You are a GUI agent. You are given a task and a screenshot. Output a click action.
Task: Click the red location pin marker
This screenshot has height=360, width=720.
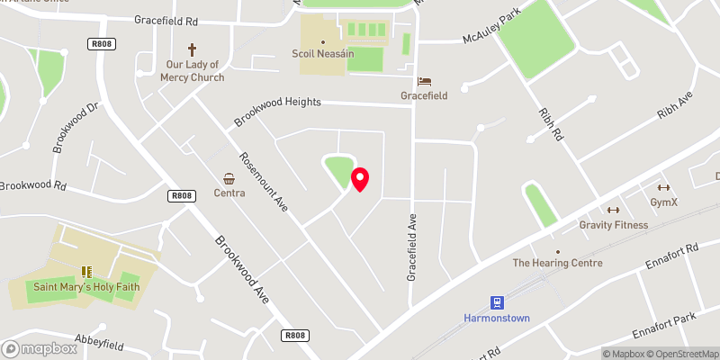tap(360, 178)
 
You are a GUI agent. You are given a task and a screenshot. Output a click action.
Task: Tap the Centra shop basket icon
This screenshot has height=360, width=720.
tap(229, 178)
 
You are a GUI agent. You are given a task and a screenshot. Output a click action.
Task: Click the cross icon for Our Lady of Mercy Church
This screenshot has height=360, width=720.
tap(191, 49)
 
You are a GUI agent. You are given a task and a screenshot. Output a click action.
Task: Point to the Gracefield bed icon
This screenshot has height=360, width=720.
tap(424, 80)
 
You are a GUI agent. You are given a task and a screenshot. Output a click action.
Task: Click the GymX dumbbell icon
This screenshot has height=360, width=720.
tap(664, 187)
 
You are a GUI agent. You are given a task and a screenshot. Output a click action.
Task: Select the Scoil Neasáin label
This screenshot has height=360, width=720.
tap(323, 54)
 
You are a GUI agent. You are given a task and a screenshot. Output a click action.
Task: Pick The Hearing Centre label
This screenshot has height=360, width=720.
tap(557, 264)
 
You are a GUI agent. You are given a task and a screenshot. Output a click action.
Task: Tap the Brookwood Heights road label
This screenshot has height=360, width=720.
tap(277, 112)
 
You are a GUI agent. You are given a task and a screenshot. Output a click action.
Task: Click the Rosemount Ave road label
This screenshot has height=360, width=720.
tap(266, 178)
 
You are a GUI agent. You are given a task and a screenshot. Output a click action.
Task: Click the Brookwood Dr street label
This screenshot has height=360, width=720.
tap(74, 128)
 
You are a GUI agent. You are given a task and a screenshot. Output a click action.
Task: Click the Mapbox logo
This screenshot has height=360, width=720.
tap(40, 348)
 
